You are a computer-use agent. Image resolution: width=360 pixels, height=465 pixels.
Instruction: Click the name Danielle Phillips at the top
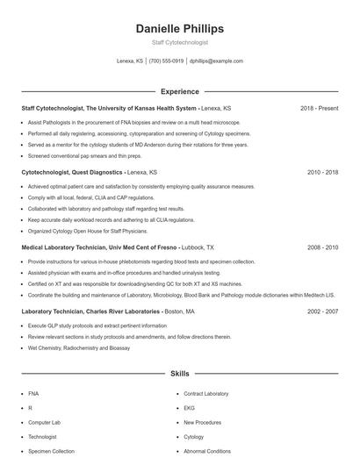coord(180,28)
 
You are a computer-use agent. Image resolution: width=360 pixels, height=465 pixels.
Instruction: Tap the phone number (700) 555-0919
coord(166,61)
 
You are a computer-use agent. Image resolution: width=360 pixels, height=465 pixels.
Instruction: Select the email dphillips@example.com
coord(216,61)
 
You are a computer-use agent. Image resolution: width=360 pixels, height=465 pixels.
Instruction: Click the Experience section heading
coord(180,91)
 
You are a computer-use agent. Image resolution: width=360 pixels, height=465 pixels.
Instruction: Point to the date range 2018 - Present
coord(319,108)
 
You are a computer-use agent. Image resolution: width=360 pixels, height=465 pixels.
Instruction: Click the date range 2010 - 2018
coord(322,173)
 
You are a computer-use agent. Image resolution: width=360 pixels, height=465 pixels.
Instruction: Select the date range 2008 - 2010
coord(322,248)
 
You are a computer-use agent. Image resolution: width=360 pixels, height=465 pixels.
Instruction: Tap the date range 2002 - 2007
coord(322,311)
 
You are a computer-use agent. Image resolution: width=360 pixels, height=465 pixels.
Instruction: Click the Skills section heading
coord(180,374)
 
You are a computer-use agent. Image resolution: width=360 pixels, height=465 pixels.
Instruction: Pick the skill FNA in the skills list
coord(33,394)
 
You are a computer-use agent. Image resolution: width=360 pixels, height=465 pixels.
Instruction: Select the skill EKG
coord(188,408)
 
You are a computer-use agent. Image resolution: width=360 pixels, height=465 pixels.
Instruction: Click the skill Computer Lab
coord(44,423)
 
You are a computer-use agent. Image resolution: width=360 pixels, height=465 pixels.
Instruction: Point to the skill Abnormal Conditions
coord(207,451)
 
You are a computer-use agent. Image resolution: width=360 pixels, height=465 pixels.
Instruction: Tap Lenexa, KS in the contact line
coord(130,61)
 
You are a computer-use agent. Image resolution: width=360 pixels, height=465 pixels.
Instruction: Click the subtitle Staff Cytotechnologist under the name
coord(180,42)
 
